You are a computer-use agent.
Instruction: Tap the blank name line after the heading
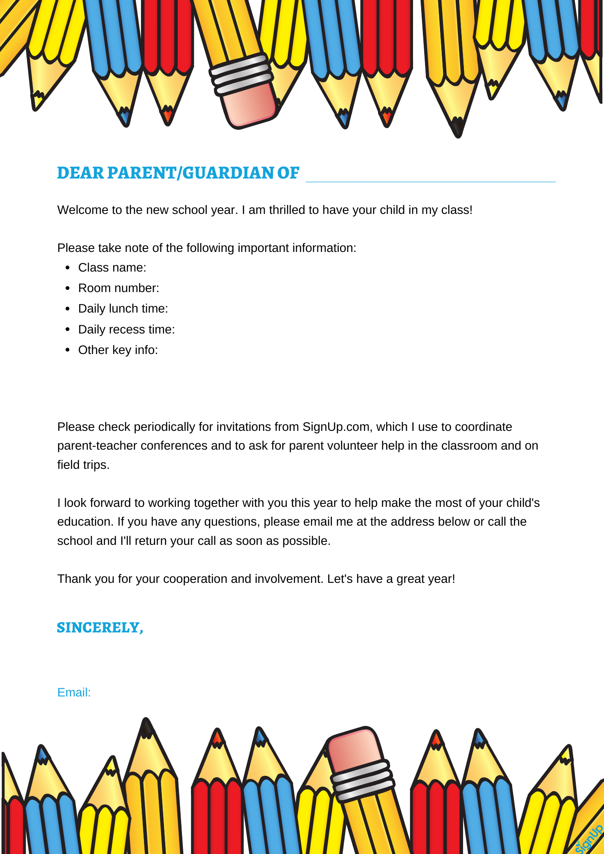tap(430, 176)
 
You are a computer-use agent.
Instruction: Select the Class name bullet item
tap(112, 268)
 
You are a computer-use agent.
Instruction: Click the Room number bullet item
tap(118, 288)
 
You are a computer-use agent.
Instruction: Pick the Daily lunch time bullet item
tap(123, 309)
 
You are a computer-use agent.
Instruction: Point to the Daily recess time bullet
tap(126, 330)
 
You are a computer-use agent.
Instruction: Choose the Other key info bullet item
tap(118, 350)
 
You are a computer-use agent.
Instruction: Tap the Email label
tap(74, 693)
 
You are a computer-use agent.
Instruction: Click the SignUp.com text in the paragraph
tap(336, 427)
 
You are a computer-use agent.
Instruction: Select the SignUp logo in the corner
tap(589, 839)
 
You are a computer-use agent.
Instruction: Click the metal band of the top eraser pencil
tap(241, 73)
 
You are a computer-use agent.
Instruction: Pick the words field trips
tap(83, 465)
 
